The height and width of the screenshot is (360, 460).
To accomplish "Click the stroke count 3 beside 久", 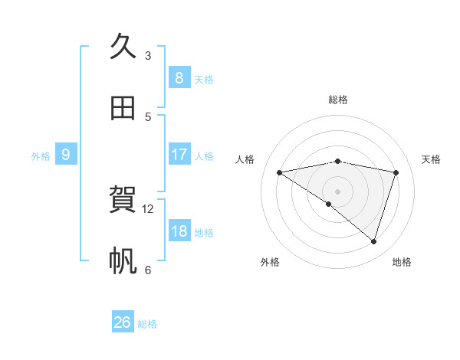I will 148,56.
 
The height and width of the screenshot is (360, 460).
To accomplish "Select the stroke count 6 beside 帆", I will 148,270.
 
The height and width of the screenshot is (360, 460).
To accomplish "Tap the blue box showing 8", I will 179,77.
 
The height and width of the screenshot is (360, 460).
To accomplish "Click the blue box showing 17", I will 179,155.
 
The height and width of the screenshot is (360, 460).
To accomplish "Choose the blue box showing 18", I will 179,231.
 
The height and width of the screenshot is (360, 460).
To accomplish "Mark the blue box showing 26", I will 122,322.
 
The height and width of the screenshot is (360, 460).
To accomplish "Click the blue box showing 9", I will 66,155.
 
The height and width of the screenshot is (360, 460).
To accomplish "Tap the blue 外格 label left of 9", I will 41,156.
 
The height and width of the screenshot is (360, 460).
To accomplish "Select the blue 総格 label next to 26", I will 147,324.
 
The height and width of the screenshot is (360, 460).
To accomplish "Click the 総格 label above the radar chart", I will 338,100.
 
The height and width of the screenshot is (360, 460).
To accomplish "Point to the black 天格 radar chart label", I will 432,159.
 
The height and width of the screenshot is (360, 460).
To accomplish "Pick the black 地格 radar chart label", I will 402,262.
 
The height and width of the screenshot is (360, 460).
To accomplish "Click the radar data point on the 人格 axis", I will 279,172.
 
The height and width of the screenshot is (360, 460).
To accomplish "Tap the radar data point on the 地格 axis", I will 373,241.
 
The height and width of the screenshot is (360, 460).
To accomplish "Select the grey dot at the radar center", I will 337,191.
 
